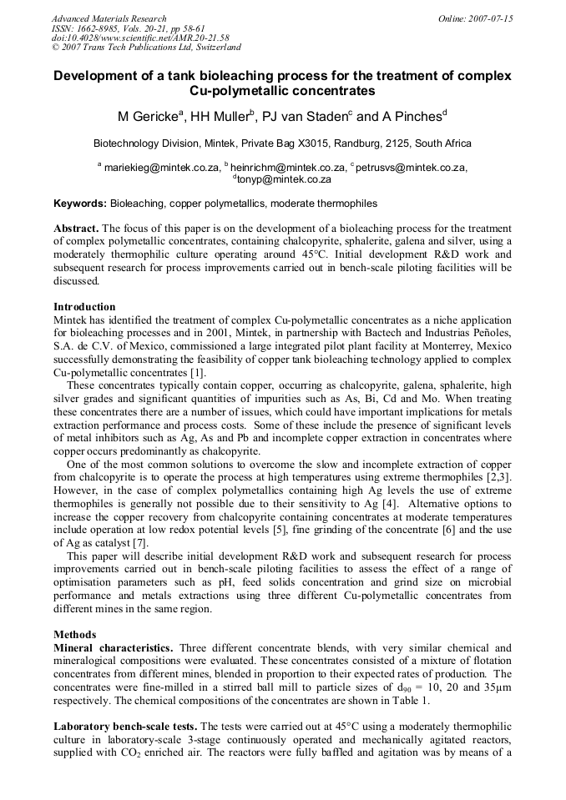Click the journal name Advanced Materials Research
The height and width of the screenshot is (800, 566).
(x=109, y=18)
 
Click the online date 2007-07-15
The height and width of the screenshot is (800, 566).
(x=488, y=18)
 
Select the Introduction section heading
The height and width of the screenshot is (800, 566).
(x=84, y=307)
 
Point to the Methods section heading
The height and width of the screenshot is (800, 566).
(x=74, y=635)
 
